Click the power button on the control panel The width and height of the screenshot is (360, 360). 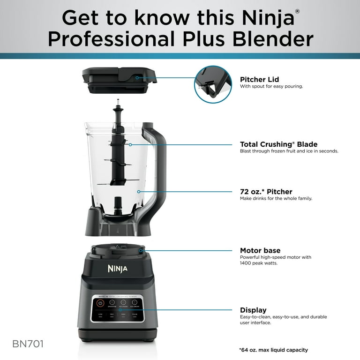coord(100,303)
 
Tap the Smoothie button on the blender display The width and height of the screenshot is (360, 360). coord(112,303)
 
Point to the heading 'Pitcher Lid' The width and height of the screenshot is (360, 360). coord(259,79)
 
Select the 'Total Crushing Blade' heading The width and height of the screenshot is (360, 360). coord(278,144)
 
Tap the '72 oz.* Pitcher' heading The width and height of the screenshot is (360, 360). coord(266,191)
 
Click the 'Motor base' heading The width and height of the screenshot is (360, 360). coord(260,250)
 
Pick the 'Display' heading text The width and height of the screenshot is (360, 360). coord(253,310)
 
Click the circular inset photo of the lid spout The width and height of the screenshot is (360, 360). coord(213,84)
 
